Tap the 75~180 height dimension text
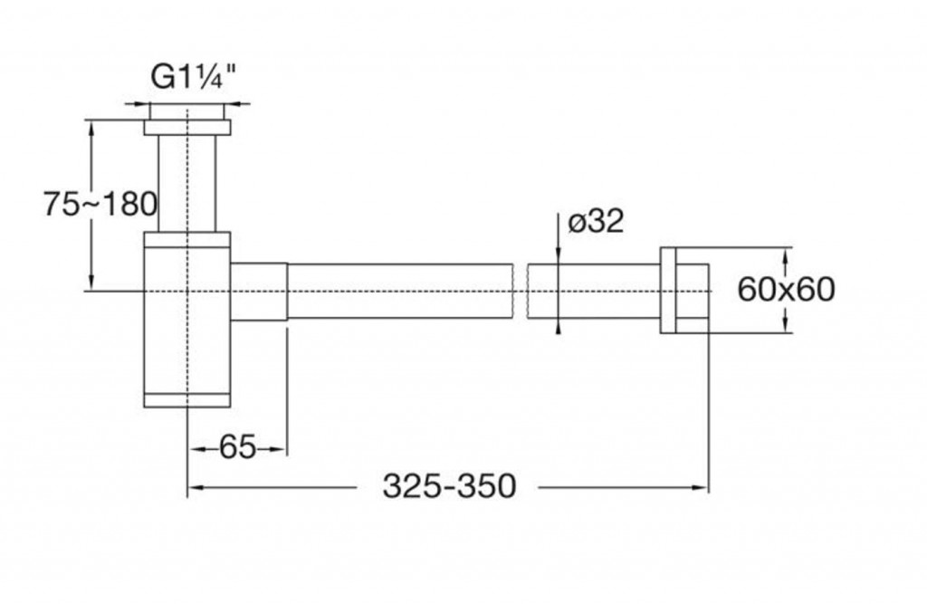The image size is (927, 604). click(100, 204)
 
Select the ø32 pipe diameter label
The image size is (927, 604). click(596, 221)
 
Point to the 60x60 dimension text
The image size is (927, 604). click(785, 290)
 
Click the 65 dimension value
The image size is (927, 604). click(237, 446)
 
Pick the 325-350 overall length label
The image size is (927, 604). click(449, 486)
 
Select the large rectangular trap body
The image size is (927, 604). click(187, 317)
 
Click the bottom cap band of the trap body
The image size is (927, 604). click(187, 399)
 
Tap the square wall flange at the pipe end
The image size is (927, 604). click(685, 290)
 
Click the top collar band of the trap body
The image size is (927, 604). click(187, 240)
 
